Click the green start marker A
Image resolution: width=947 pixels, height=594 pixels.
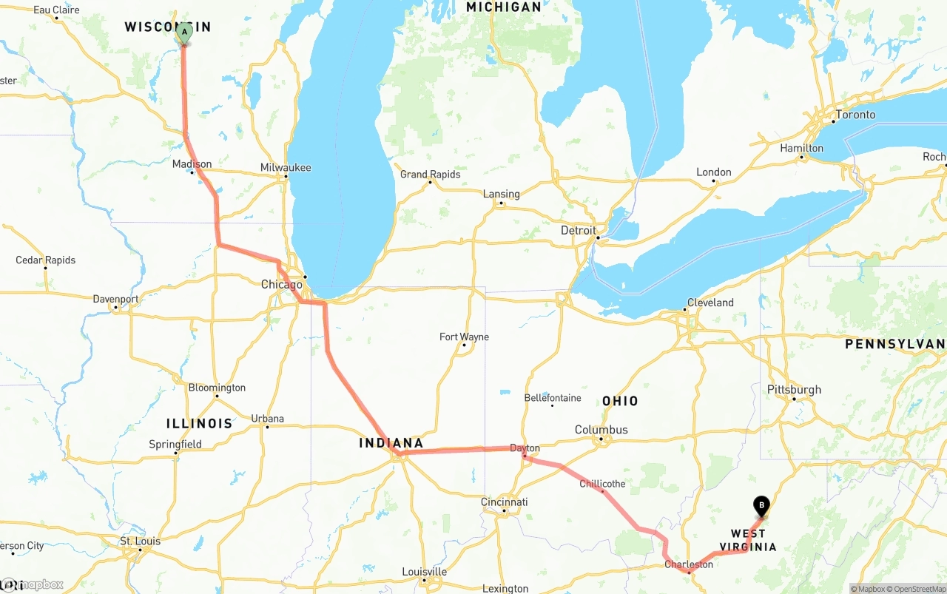click(184, 33)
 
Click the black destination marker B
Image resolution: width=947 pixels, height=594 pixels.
click(761, 507)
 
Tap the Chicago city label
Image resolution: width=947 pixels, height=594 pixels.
click(281, 285)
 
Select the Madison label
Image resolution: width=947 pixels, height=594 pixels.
click(192, 164)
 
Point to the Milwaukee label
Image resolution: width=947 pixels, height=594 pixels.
click(286, 168)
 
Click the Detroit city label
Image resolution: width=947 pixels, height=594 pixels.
click(579, 230)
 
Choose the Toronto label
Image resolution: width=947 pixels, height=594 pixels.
click(855, 115)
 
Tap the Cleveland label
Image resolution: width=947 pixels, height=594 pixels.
click(710, 303)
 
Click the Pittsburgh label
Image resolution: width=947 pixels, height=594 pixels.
click(794, 390)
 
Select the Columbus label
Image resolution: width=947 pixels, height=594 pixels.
click(601, 430)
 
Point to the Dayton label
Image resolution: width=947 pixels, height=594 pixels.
click(525, 448)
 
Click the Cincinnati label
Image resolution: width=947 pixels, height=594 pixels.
click(505, 502)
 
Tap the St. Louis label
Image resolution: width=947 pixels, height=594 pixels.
click(140, 541)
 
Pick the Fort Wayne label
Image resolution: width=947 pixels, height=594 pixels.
click(464, 337)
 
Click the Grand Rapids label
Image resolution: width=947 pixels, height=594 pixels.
click(430, 175)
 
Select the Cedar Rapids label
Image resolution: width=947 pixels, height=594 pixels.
click(46, 260)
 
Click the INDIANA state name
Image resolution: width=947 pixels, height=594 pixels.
click(391, 443)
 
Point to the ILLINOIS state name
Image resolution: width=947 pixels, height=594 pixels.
click(199, 424)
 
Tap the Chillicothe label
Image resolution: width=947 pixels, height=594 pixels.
click(602, 484)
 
